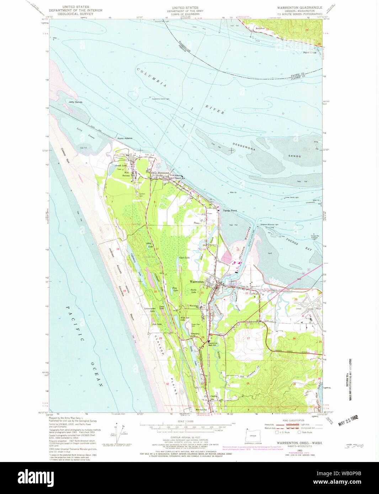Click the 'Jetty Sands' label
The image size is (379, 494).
pyautogui.click(x=75, y=102)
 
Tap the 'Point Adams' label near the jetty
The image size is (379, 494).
pyautogui.click(x=125, y=138)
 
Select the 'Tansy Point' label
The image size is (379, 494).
pyautogui.click(x=230, y=211)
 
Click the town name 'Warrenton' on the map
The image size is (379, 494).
pyautogui.click(x=197, y=281)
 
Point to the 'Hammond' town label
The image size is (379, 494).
pyautogui.click(x=163, y=173)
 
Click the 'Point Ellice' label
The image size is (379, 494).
pyautogui.click(x=309, y=53)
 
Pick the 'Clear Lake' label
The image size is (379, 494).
pyautogui.click(x=185, y=258)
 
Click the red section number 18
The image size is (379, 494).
pyautogui.click(x=118, y=249)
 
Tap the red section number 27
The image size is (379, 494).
pyautogui.click(x=248, y=338)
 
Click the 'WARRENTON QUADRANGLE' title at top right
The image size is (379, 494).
pyautogui.click(x=300, y=7)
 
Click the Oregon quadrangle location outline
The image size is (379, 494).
pyautogui.click(x=253, y=435)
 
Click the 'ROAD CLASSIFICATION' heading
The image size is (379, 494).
pyautogui.click(x=294, y=420)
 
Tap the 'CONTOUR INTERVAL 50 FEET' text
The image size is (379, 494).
pyautogui.click(x=185, y=437)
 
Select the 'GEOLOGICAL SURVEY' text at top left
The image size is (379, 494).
pyautogui.click(x=75, y=14)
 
